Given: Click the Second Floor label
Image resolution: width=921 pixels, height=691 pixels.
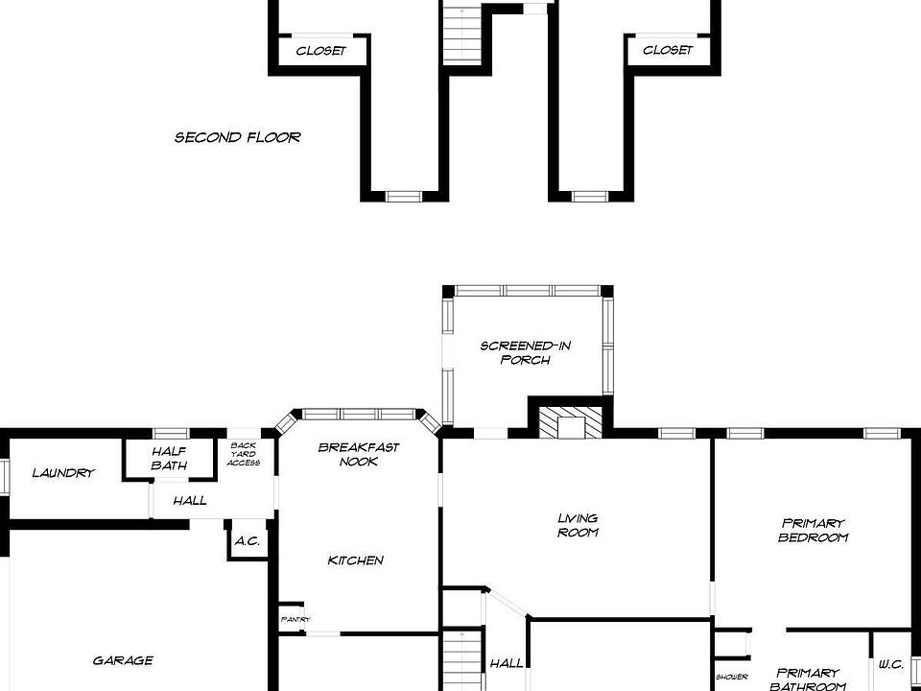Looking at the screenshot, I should [237, 137].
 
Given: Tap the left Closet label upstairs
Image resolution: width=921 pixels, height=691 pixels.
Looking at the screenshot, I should [320, 51].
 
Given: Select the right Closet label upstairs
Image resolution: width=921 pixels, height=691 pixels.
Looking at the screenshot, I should [668, 51].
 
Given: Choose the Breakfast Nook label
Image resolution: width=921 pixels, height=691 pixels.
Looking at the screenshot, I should [359, 454].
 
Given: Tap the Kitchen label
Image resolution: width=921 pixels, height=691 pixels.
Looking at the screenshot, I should [356, 560].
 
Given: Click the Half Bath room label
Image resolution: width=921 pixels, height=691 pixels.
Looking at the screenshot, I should [169, 459].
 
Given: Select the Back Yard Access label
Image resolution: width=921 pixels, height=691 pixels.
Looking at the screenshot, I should [243, 454].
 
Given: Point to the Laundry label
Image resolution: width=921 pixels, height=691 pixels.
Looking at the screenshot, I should [63, 473].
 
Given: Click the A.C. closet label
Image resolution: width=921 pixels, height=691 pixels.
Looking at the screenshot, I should [247, 541].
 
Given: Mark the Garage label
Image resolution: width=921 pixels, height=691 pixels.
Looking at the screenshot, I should [123, 660].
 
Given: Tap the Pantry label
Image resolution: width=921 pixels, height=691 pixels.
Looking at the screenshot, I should [295, 620].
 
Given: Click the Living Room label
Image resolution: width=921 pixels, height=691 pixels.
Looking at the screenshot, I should [578, 525].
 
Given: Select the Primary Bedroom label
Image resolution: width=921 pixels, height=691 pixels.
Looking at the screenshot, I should [814, 530].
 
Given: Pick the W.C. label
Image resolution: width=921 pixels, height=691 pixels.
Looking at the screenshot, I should [890, 663].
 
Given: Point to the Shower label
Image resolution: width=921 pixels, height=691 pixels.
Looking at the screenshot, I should [731, 677].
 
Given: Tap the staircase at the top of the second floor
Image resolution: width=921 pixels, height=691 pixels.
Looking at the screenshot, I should [461, 34].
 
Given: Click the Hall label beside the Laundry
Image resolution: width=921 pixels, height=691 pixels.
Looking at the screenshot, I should [189, 500].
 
